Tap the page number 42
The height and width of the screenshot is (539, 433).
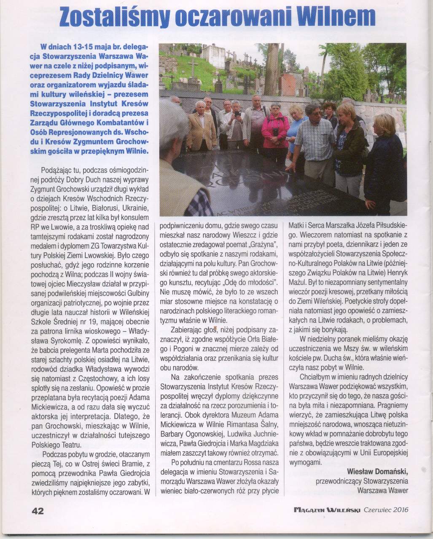(x=38, y=511)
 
